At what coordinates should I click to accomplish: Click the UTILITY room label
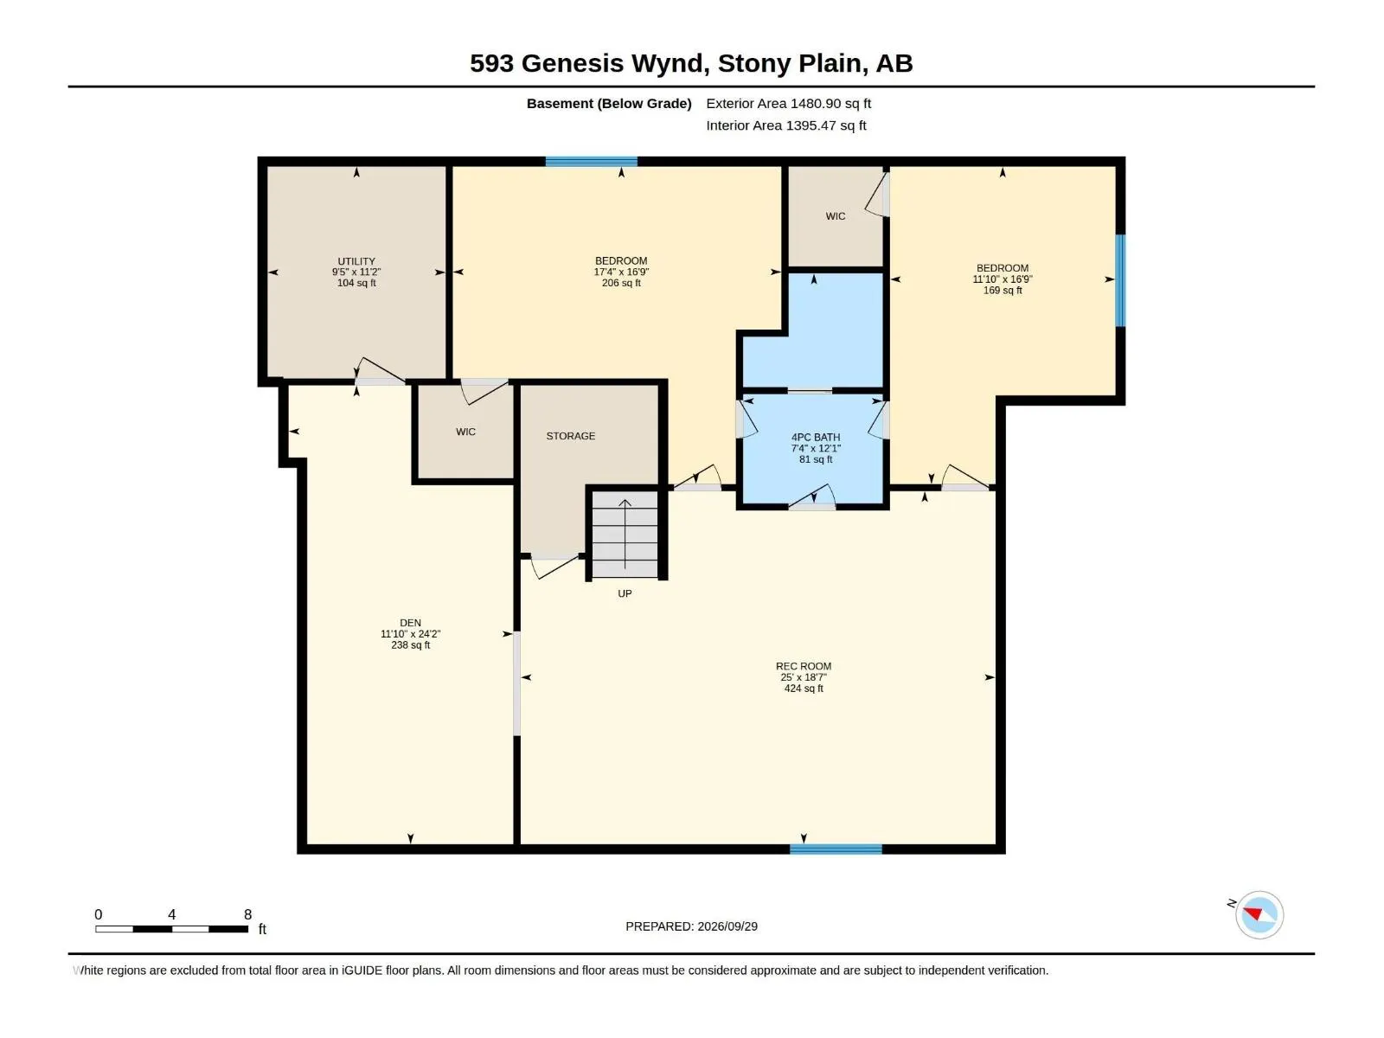pos(356,261)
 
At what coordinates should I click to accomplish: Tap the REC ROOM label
pos(804,666)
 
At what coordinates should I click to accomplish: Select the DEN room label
pos(410,623)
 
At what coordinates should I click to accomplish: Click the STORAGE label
pos(571,436)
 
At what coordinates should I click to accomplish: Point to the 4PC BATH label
pos(816,438)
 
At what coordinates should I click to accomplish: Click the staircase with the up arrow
pos(625,535)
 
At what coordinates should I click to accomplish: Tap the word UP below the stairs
pos(625,593)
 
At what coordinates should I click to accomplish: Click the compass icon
pos(1259,915)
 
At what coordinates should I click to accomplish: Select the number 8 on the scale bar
pos(247,914)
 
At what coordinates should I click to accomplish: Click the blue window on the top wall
pos(592,162)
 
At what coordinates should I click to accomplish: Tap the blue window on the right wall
pos(1120,280)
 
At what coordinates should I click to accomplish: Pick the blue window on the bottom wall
pos(836,849)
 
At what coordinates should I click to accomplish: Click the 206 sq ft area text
pos(621,283)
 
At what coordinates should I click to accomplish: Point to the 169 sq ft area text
pos(1003,291)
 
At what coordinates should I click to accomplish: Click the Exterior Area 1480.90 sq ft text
pos(788,103)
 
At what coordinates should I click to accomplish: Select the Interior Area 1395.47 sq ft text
pos(785,125)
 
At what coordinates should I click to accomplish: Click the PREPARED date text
pos(692,926)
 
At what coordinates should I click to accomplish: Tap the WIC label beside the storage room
pos(465,432)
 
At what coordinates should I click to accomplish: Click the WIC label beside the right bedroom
pos(836,216)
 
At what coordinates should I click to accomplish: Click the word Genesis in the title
pos(573,64)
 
